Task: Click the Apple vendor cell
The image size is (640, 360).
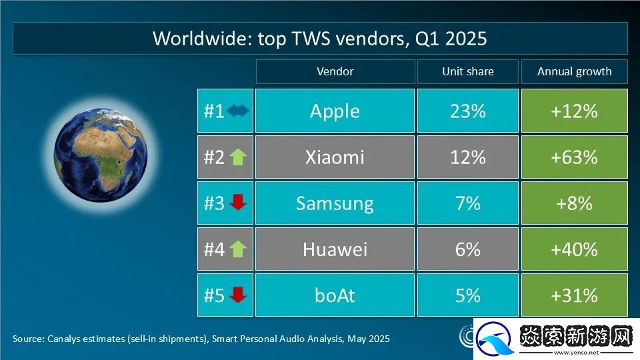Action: click(x=335, y=111)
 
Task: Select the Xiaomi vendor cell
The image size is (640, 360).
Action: click(x=335, y=157)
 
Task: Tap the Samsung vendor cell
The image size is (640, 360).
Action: click(x=335, y=203)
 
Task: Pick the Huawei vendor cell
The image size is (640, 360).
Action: click(x=335, y=249)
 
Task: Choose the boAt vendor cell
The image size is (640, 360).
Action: click(x=335, y=295)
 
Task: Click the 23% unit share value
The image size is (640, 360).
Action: click(x=467, y=111)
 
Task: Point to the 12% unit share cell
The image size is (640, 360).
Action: click(x=467, y=157)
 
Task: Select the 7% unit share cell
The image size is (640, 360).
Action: click(x=467, y=203)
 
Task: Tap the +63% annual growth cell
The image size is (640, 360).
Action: click(x=574, y=157)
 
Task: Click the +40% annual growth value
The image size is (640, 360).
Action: click(x=574, y=249)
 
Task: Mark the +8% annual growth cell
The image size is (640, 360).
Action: click(x=574, y=203)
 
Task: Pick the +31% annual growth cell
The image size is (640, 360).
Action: click(x=574, y=295)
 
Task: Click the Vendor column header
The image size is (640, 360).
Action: click(x=335, y=71)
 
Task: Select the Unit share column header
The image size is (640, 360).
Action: click(x=467, y=71)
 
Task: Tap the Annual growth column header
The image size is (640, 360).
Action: click(x=574, y=71)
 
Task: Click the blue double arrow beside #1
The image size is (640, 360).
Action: click(x=238, y=111)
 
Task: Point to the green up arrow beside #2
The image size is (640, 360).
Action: click(x=238, y=157)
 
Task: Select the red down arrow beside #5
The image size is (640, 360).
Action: click(x=238, y=295)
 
